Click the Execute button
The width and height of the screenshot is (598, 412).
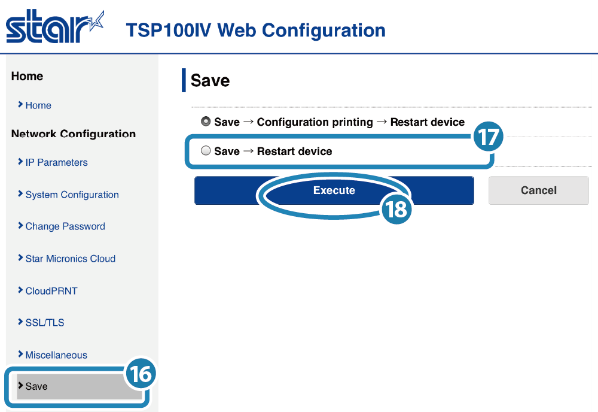pyautogui.click(x=334, y=190)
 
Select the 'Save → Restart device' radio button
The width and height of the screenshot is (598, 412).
pyautogui.click(x=206, y=151)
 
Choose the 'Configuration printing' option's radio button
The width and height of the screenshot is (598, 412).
pyautogui.click(x=206, y=122)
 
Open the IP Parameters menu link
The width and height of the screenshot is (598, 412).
pyautogui.click(x=56, y=162)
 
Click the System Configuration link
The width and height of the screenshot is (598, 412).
pyautogui.click(x=72, y=195)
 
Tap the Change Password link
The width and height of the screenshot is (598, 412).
pyautogui.click(x=65, y=226)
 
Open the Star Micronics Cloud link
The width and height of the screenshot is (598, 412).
pyautogui.click(x=71, y=259)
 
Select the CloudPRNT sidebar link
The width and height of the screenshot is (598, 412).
pyautogui.click(x=51, y=291)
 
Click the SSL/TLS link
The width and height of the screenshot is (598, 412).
pyautogui.click(x=45, y=323)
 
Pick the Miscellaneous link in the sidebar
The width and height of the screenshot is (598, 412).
pyautogui.click(x=56, y=355)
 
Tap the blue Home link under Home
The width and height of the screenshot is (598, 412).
pyautogui.click(x=38, y=105)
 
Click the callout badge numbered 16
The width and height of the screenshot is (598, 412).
pyautogui.click(x=141, y=374)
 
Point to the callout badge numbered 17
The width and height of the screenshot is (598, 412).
pyautogui.click(x=488, y=137)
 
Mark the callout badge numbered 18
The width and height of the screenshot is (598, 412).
pyautogui.click(x=396, y=209)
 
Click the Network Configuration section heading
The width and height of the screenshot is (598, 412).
pyautogui.click(x=74, y=134)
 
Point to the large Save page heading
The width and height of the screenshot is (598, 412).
pyautogui.click(x=210, y=81)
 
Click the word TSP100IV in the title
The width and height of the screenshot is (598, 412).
pyautogui.click(x=169, y=30)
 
